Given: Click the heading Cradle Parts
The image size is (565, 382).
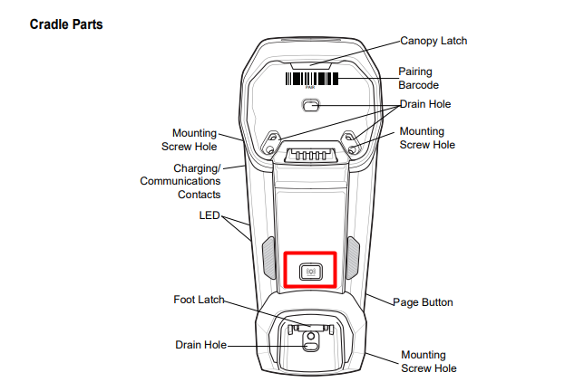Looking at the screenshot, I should pos(66,24).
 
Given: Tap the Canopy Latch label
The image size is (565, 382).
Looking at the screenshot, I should pos(433,42).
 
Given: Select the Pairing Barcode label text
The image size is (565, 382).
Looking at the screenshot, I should pos(417,78).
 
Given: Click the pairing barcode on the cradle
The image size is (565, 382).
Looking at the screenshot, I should pos(312,79).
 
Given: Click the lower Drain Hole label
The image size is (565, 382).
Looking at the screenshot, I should pos(200,344).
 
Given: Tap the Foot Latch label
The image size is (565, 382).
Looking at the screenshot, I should pos(199,300).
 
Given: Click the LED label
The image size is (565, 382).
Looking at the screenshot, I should pos(209,216).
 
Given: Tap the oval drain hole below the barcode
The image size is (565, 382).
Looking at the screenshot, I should pos(311,106).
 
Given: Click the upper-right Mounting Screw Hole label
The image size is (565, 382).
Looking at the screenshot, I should pos(427,138).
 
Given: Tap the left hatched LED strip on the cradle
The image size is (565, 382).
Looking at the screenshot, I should pos(268,257).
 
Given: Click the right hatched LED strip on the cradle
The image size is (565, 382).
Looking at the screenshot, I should pos(354,257).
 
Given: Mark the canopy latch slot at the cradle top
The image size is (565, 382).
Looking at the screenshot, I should pos(312,65).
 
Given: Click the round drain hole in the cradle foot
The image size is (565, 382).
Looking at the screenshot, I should pos(311,344).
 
